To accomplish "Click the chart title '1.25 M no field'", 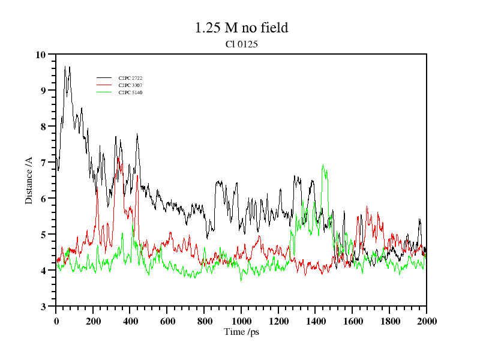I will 241,28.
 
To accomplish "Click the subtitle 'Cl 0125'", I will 241,44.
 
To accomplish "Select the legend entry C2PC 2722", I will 130,78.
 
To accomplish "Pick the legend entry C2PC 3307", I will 130,85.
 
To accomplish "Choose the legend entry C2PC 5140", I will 130,92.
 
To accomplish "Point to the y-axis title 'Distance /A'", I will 28,181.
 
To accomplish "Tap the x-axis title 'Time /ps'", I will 241,331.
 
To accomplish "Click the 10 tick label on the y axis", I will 40,55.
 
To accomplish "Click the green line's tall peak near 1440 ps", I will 323,166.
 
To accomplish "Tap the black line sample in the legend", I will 104,78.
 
